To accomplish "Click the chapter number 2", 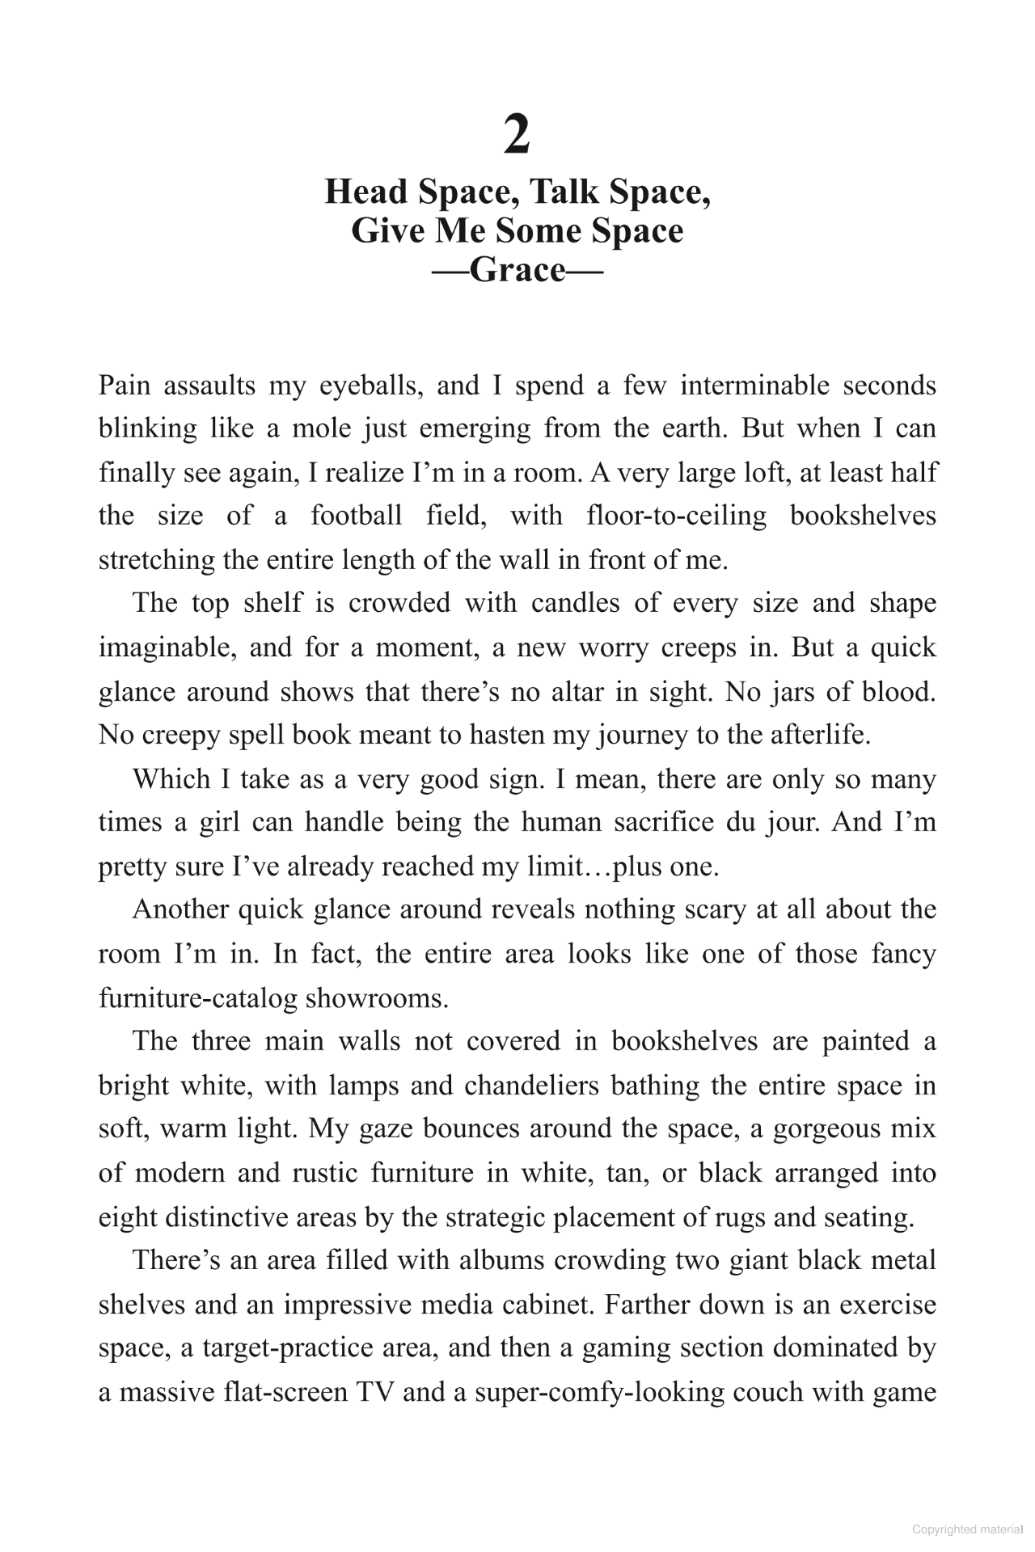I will coord(517,135).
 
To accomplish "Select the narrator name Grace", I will coord(517,269).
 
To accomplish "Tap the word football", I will coord(356,516).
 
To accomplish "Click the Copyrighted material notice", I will coord(966,1529).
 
